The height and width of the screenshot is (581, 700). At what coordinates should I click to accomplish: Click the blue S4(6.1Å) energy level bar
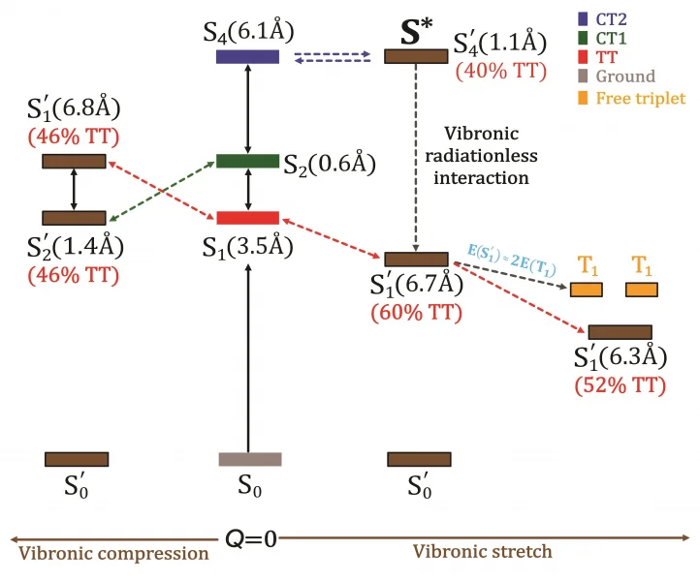(x=247, y=56)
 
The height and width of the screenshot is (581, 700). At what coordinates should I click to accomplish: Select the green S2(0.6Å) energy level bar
(x=247, y=161)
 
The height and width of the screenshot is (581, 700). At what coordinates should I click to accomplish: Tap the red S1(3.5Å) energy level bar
(x=247, y=217)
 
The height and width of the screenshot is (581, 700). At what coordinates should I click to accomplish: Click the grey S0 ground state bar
(x=250, y=459)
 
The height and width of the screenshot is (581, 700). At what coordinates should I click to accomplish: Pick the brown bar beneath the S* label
(x=416, y=56)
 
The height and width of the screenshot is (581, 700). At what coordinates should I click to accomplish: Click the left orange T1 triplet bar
(x=586, y=290)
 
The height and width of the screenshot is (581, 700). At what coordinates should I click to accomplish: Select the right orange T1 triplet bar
(x=641, y=290)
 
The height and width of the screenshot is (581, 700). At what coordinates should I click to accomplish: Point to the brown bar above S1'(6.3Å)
(x=620, y=332)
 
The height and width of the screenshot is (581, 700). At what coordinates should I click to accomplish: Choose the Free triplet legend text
(x=639, y=97)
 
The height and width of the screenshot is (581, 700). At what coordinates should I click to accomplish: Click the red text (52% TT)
(x=620, y=384)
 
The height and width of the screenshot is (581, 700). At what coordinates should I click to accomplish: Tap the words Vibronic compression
(x=115, y=553)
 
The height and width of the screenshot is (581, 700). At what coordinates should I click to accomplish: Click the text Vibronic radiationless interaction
(x=482, y=156)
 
